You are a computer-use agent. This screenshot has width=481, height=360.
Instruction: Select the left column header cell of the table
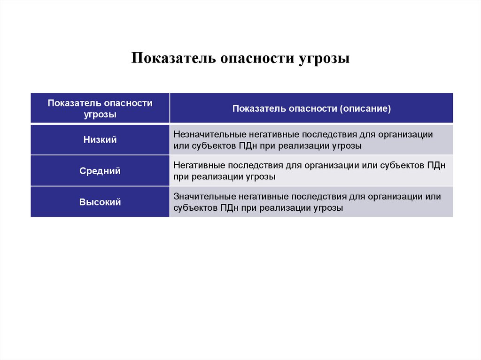100,108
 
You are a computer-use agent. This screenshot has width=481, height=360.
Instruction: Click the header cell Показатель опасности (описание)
311,108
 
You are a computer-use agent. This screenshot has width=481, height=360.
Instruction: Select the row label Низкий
100,139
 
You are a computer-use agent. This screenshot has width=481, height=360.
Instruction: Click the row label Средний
100,171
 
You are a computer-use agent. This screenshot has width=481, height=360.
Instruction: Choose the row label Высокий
100,202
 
